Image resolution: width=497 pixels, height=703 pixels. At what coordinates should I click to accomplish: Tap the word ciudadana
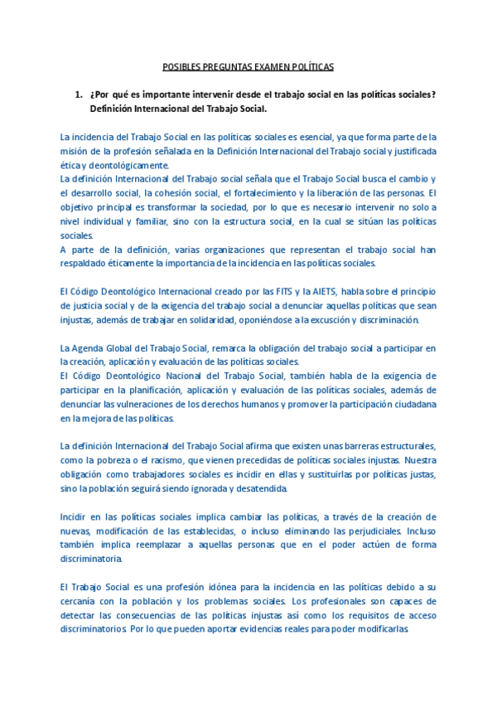(413, 405)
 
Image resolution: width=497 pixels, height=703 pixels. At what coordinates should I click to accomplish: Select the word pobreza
(123, 461)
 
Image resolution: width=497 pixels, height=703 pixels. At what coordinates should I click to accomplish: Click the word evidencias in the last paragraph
(277, 630)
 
